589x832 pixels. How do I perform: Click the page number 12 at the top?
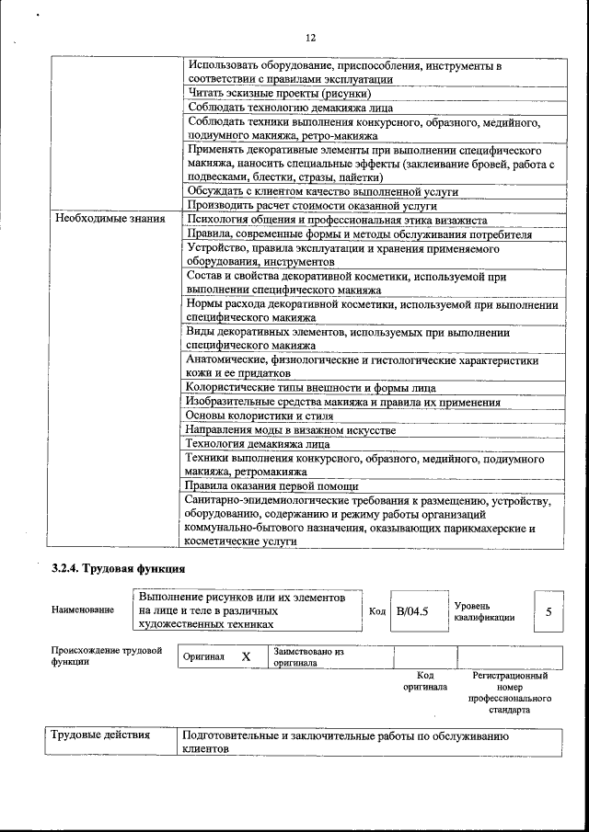coord(310,38)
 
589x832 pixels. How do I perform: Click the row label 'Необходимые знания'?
coord(110,220)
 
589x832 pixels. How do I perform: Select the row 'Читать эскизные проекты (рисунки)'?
coord(279,94)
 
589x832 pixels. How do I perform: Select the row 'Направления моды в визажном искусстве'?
coord(291,429)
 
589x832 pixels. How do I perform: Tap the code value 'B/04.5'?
coord(413,611)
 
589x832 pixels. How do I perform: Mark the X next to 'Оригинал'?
coord(246,657)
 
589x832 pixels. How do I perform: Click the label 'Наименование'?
coord(83,610)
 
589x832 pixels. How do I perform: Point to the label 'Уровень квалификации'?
coord(484,611)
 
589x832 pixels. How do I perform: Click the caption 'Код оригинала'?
coord(424,680)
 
